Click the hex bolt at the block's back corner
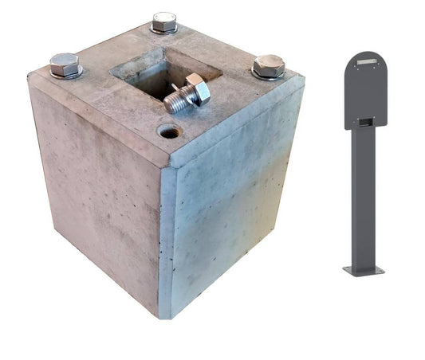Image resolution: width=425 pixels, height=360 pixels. coord(164,22)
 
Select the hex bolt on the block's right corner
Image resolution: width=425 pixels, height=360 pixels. coord(269,65)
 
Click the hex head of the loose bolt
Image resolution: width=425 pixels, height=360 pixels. coord(197,88)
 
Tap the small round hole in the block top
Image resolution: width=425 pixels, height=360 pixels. coord(169,131)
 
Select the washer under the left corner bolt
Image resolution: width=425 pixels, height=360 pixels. coord(65,74)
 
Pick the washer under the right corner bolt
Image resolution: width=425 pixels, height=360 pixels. coord(270,76)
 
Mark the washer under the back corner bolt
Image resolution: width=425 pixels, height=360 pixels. coord(164,30)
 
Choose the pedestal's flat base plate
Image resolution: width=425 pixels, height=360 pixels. coord(365,272)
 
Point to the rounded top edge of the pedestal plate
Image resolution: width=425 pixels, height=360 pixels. coord(366,53)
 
